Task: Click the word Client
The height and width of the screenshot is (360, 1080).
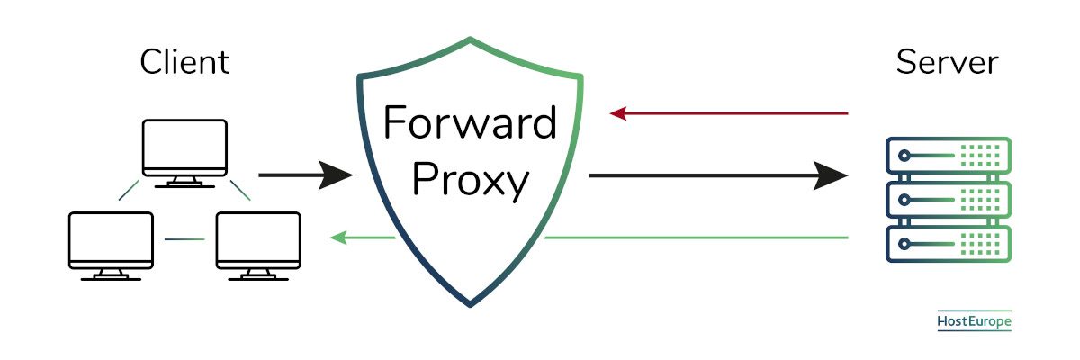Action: tap(184, 62)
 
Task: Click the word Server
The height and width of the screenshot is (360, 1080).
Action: tap(947, 62)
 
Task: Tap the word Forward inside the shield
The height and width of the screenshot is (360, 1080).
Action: tap(470, 122)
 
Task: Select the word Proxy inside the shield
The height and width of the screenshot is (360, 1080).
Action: tap(471, 181)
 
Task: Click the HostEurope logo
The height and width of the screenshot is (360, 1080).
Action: tap(974, 321)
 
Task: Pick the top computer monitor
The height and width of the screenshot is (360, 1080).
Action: tap(184, 153)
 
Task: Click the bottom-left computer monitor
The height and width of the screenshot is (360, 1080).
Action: tap(111, 246)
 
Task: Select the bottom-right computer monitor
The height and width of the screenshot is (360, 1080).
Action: tap(258, 246)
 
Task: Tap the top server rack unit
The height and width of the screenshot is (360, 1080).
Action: tap(949, 155)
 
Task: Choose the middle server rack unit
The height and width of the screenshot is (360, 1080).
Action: tap(949, 200)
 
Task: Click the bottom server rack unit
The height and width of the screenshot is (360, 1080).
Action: tap(949, 244)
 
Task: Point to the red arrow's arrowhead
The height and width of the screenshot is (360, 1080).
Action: tap(618, 113)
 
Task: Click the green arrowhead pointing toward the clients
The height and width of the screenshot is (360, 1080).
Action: tap(338, 238)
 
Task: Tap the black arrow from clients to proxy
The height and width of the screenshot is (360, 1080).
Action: tap(306, 175)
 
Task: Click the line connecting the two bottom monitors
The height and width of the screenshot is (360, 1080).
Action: tap(184, 239)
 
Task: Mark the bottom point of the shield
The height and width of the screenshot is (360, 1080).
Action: tap(470, 305)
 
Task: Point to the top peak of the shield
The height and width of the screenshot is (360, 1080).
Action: tap(470, 39)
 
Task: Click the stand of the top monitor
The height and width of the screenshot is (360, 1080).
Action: tap(184, 182)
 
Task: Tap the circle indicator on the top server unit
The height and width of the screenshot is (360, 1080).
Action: tap(904, 156)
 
